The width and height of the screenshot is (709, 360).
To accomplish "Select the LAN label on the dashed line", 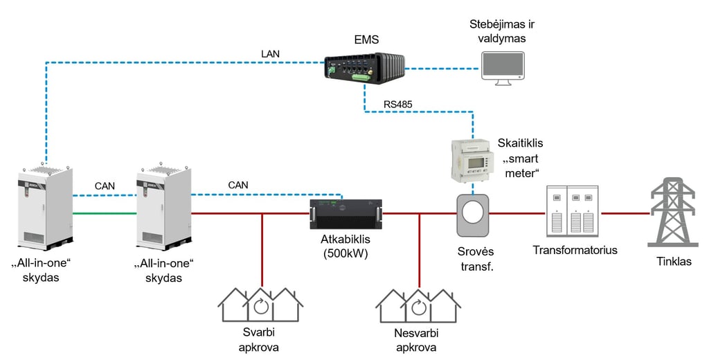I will (x=271, y=53).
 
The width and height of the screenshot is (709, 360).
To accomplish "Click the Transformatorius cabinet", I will (x=571, y=211).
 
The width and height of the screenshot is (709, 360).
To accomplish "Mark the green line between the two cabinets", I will (x=105, y=213).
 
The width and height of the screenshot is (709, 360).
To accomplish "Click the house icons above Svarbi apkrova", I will (x=260, y=304).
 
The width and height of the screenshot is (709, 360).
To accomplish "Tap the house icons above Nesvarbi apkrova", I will (x=419, y=304).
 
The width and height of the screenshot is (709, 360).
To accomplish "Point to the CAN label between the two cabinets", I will (x=105, y=186).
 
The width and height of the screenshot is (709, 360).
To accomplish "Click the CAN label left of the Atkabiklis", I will (x=237, y=185).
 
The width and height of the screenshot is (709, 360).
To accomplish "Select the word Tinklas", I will (x=674, y=261).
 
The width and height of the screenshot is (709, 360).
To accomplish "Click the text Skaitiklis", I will (x=520, y=143).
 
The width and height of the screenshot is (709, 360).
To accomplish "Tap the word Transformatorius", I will (x=575, y=250).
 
